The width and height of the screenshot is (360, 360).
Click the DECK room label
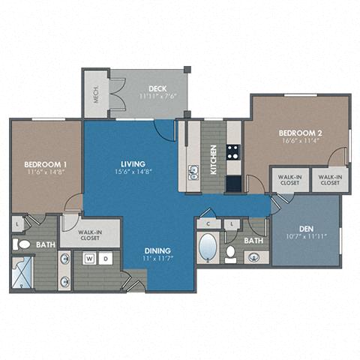[x=146, y=86]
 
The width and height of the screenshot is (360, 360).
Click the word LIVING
[x=133, y=163]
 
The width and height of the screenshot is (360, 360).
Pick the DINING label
[x=158, y=250]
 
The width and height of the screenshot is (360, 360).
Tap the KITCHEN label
[x=214, y=160]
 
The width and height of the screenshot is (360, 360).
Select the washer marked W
[x=88, y=259]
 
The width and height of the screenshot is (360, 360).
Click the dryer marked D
[x=105, y=259]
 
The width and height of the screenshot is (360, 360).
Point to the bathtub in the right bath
[x=207, y=247]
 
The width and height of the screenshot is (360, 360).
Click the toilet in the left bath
[x=22, y=244]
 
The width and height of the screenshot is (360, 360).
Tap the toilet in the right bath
[x=230, y=253]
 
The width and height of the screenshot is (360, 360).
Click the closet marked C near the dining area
[x=208, y=223]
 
